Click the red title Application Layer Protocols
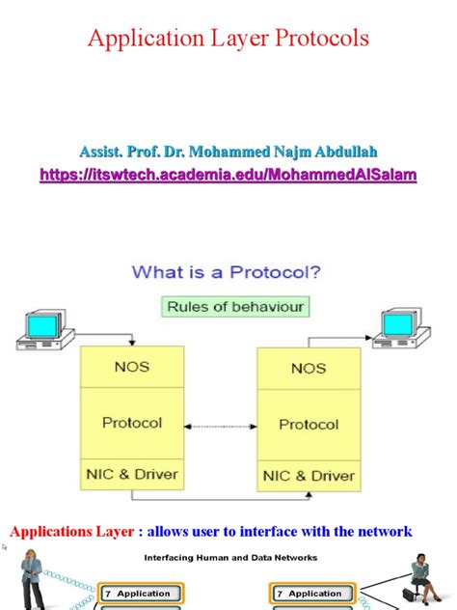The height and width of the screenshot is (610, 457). click(x=228, y=39)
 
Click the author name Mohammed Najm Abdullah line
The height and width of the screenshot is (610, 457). click(x=228, y=151)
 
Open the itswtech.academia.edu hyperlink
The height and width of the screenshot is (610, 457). click(x=228, y=175)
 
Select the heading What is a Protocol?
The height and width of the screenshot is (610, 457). click(x=228, y=273)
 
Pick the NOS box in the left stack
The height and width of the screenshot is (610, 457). click(x=132, y=368)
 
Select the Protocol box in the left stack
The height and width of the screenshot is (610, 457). click(x=132, y=423)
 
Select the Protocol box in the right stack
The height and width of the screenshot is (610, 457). click(x=309, y=425)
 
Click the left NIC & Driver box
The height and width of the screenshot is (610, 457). click(x=132, y=474)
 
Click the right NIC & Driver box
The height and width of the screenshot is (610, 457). click(x=309, y=476)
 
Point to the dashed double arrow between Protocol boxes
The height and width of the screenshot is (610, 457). click(x=220, y=425)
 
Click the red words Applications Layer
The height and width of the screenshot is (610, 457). click(x=74, y=532)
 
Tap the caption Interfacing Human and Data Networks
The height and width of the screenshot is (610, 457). click(x=230, y=557)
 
